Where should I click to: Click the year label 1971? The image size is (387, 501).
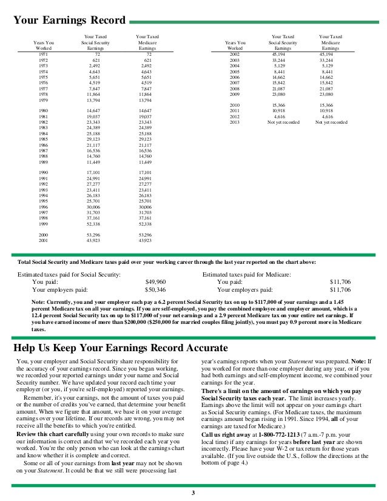(43, 55)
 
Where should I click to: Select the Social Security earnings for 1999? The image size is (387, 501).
(93, 224)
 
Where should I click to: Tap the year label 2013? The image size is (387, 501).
(234, 122)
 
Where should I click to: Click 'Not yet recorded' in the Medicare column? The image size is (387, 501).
(331, 122)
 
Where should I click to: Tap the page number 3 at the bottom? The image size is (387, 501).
(193, 493)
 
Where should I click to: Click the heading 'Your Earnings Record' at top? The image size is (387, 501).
(69, 20)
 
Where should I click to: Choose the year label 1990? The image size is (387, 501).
(43, 173)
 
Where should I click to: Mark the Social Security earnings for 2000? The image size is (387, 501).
(93, 235)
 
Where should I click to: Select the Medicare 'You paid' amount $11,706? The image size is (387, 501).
(340, 282)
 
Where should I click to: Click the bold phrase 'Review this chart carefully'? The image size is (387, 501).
(50, 434)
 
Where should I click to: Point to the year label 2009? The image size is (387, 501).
(234, 95)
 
